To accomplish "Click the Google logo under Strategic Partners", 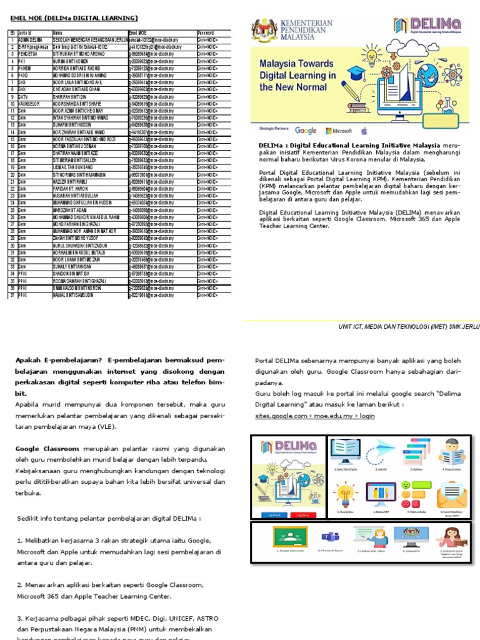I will pyautogui.click(x=306, y=131).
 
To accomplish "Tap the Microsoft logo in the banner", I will pyautogui.click(x=339, y=131).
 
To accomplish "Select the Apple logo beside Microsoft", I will pyautogui.click(x=364, y=131).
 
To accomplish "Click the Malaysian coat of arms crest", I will pyautogui.click(x=264, y=29).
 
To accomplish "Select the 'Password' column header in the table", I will pyautogui.click(x=206, y=32).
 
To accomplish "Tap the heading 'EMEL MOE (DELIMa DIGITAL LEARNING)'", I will pyautogui.click(x=74, y=18).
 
